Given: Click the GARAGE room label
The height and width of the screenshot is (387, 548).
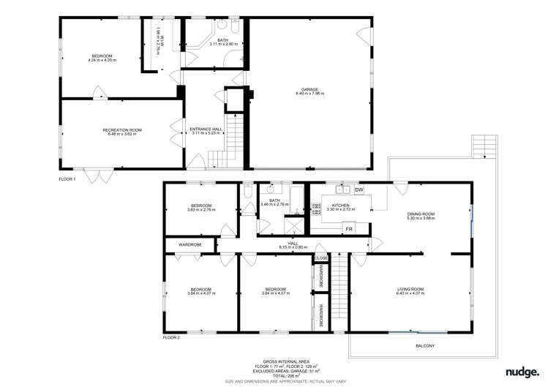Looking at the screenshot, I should click(309, 89).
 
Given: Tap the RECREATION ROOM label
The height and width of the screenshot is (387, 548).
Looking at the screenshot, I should click(122, 129).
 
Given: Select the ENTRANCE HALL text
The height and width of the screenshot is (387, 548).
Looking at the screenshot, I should click(206, 129).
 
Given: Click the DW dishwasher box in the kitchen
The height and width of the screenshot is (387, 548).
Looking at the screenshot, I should click(359, 190).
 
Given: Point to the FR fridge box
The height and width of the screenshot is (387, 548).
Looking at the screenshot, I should click(349, 229).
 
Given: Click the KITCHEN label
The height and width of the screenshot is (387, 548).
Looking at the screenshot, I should click(341, 206).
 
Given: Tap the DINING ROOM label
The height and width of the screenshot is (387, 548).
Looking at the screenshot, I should click(421, 214).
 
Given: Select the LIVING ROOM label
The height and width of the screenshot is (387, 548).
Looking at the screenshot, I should click(410, 289).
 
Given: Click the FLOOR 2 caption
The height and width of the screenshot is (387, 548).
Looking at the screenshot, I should click(171, 338).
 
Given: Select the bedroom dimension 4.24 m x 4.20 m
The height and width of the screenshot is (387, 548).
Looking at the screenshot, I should click(102, 61).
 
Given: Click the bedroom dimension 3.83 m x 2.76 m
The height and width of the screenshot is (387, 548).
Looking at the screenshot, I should click(201, 210).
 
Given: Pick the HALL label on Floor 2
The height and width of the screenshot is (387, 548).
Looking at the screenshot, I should click(293, 244).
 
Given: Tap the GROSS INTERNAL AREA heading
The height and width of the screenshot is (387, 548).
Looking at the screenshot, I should click(281, 361).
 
